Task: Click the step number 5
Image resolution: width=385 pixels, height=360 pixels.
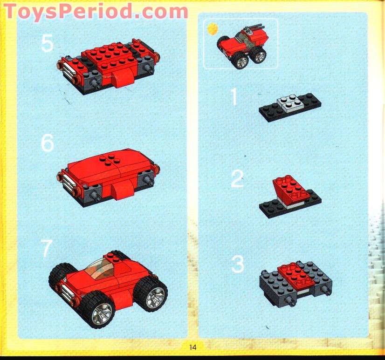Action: click(47, 43)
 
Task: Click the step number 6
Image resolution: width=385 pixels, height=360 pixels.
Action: click(48, 143)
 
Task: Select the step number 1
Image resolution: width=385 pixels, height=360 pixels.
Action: click(234, 97)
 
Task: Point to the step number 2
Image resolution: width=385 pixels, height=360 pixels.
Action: click(237, 180)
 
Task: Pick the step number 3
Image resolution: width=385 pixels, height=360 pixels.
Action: click(238, 265)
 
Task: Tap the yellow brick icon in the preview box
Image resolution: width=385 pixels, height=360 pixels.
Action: click(212, 29)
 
